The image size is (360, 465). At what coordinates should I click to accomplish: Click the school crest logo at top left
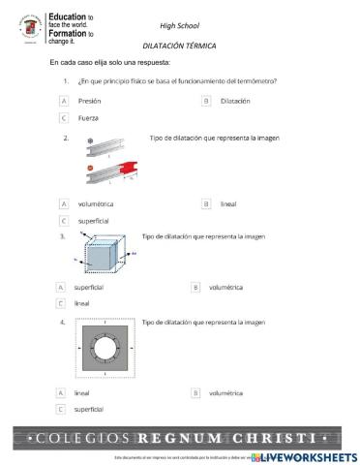click(x=30, y=29)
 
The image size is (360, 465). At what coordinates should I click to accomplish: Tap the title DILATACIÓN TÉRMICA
click(x=179, y=46)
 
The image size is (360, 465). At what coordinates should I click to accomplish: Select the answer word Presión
click(x=89, y=101)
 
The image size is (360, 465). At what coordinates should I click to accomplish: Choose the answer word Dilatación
click(x=234, y=101)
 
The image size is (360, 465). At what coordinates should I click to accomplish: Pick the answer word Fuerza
click(x=88, y=117)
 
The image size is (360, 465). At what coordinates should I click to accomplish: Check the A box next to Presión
click(x=64, y=101)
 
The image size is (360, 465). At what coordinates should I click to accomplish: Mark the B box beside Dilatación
click(x=206, y=101)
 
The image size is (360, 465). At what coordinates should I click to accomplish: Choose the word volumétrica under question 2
click(x=96, y=204)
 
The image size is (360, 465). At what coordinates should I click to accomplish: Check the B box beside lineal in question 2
click(x=206, y=204)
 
